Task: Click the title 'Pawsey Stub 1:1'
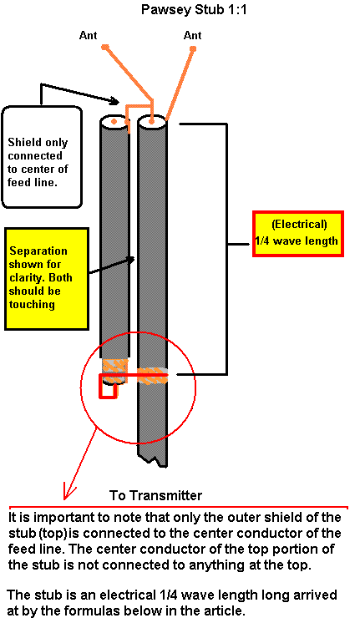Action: (194, 9)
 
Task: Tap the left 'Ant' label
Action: (88, 35)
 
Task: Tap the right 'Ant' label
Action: (192, 35)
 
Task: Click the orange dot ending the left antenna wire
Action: (105, 48)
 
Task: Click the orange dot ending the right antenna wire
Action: (193, 49)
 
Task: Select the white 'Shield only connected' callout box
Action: (42, 156)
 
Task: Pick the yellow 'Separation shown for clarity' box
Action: (47, 279)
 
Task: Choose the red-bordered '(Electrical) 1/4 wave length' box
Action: (298, 234)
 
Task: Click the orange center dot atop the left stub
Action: (114, 121)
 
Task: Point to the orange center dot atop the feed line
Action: (152, 119)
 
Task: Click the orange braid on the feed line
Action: (153, 376)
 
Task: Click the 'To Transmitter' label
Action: (155, 495)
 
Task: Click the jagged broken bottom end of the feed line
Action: (152, 461)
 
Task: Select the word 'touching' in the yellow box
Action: (32, 305)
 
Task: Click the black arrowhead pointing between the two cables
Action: (130, 259)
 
